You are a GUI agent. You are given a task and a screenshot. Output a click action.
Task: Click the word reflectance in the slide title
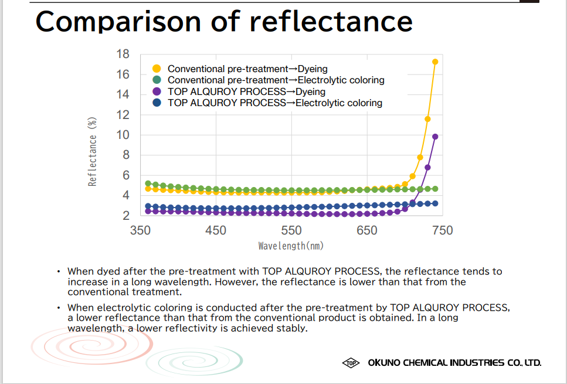(331, 22)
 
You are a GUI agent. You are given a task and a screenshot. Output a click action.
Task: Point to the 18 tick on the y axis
(122, 54)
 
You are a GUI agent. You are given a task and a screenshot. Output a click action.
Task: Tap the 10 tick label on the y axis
(122, 135)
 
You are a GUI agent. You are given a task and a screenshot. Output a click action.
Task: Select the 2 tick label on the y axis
(125, 216)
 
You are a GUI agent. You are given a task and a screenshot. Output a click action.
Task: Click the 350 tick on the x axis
(140, 230)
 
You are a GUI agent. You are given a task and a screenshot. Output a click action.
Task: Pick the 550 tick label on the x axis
(291, 230)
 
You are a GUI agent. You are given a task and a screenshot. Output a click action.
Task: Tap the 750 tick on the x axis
(442, 230)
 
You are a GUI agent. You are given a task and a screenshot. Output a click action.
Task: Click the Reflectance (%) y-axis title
(92, 151)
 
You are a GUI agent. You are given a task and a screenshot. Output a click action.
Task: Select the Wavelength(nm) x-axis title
(291, 246)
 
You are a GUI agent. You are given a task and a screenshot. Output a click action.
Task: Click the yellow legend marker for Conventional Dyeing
(157, 69)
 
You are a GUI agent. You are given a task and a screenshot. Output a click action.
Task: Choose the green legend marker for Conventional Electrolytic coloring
(157, 80)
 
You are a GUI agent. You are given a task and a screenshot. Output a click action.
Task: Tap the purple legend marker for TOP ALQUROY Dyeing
(157, 91)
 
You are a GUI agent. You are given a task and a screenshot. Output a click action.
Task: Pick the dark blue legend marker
(157, 103)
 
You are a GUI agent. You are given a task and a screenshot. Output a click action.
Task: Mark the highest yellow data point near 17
(435, 62)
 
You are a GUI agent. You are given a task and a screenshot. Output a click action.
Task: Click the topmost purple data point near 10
(435, 137)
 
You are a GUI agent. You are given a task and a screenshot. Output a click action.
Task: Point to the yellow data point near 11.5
(427, 119)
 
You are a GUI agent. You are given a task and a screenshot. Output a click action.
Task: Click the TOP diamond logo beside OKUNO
(351, 363)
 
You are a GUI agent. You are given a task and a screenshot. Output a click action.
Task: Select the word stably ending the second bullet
(291, 328)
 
